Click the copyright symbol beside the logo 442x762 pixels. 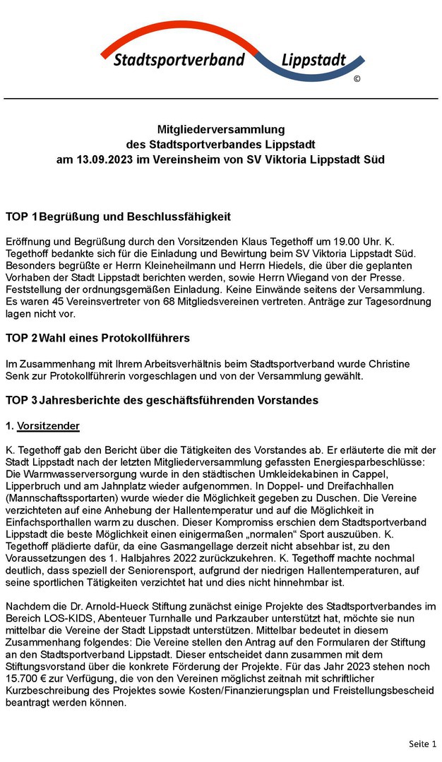(357, 79)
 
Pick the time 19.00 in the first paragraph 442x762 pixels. (329, 241)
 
